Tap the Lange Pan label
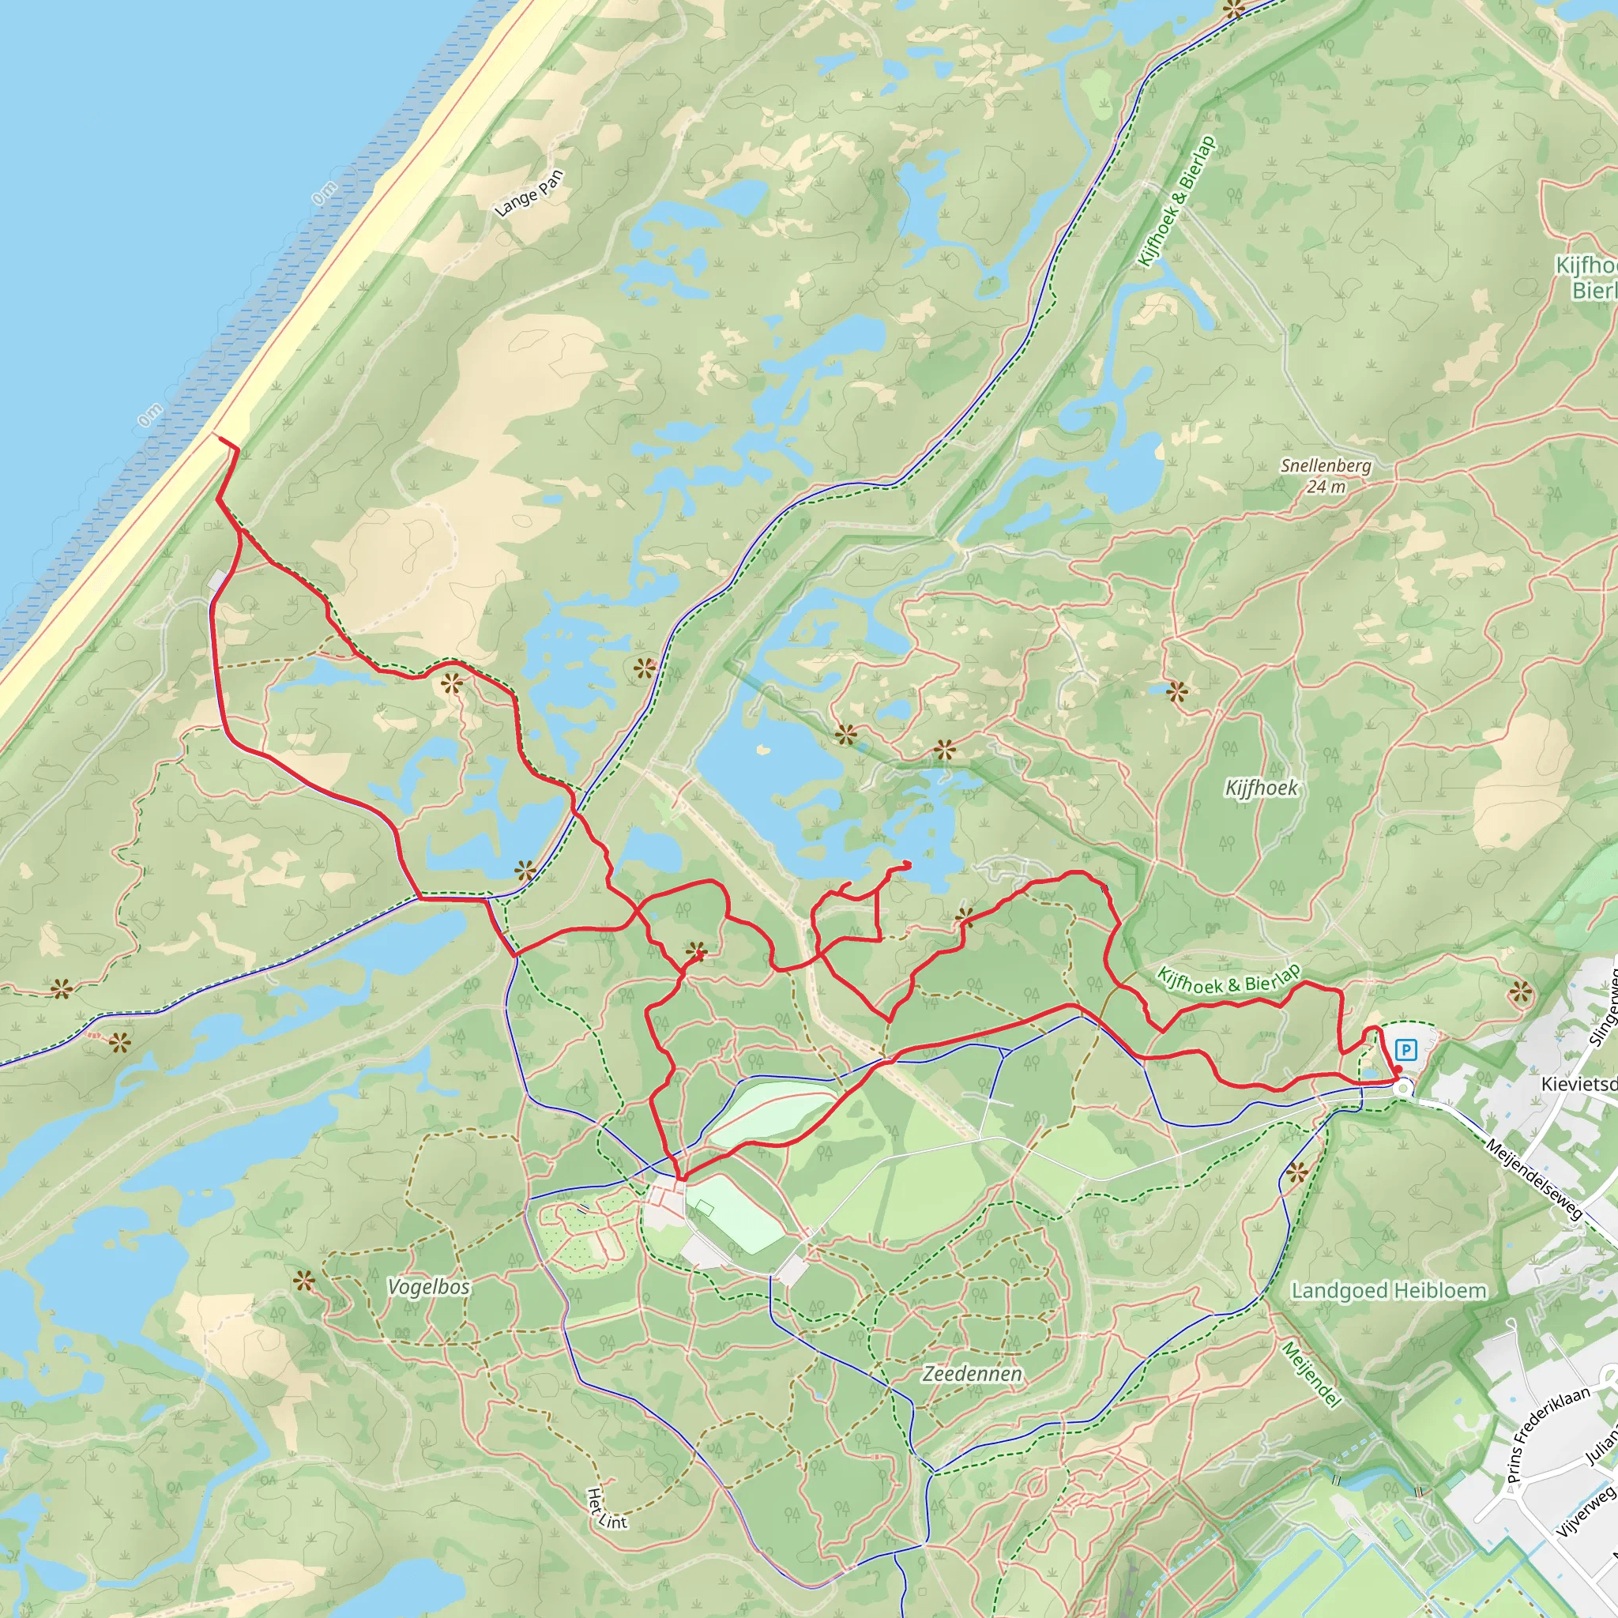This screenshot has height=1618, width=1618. point(529,194)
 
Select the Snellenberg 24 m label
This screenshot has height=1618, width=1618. point(1326,476)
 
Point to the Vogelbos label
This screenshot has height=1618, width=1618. point(429,1287)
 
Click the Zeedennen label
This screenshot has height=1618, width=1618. point(973,1373)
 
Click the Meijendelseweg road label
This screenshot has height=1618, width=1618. point(1534,1178)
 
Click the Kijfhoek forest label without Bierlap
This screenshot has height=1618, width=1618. point(1261,788)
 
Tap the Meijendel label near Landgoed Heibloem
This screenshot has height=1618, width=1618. point(1311,1375)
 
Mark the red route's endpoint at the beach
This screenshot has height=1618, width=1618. point(217,437)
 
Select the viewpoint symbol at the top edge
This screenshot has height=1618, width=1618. point(1233,9)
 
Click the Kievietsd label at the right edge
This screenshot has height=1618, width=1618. point(1578,1084)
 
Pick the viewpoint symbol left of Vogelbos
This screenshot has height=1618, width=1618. point(303,1281)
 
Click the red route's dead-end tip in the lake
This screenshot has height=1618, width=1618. point(909,864)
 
